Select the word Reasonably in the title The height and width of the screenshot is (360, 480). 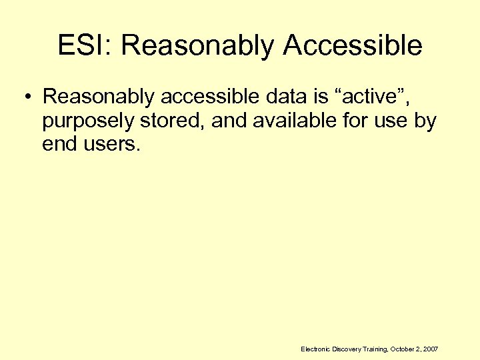point(198,45)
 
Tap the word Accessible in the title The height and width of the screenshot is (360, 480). point(353,45)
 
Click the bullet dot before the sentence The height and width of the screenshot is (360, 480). point(26,97)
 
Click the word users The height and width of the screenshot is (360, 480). point(111,145)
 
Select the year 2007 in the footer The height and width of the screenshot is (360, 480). point(430,349)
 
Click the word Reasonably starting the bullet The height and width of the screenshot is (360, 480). point(100,97)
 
